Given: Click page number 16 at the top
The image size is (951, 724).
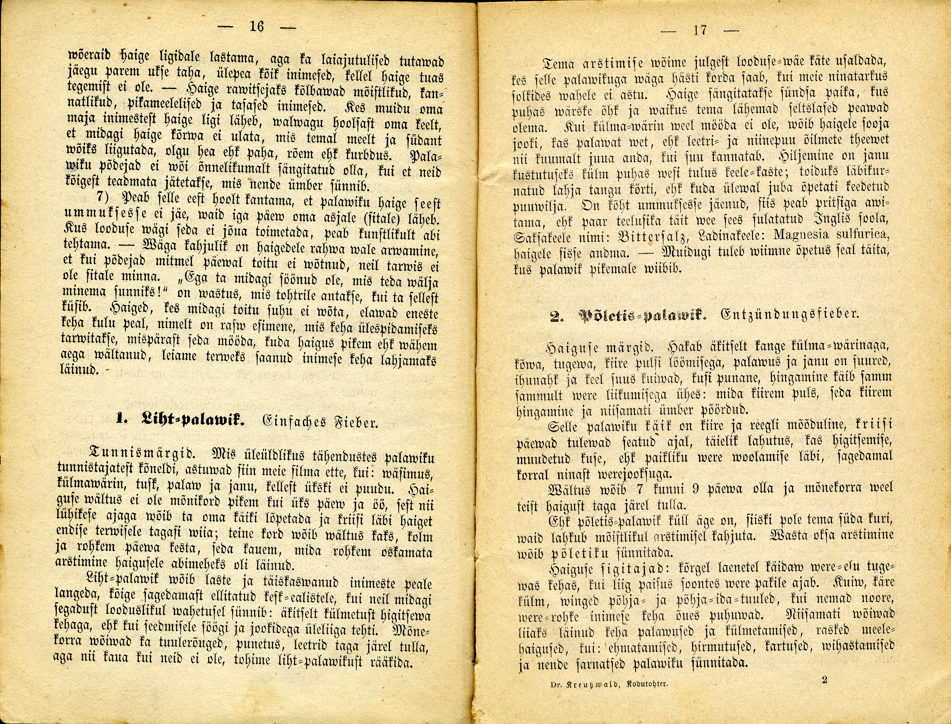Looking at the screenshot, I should point(257,27).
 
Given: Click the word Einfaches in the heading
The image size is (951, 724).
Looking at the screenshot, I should point(292,421).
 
